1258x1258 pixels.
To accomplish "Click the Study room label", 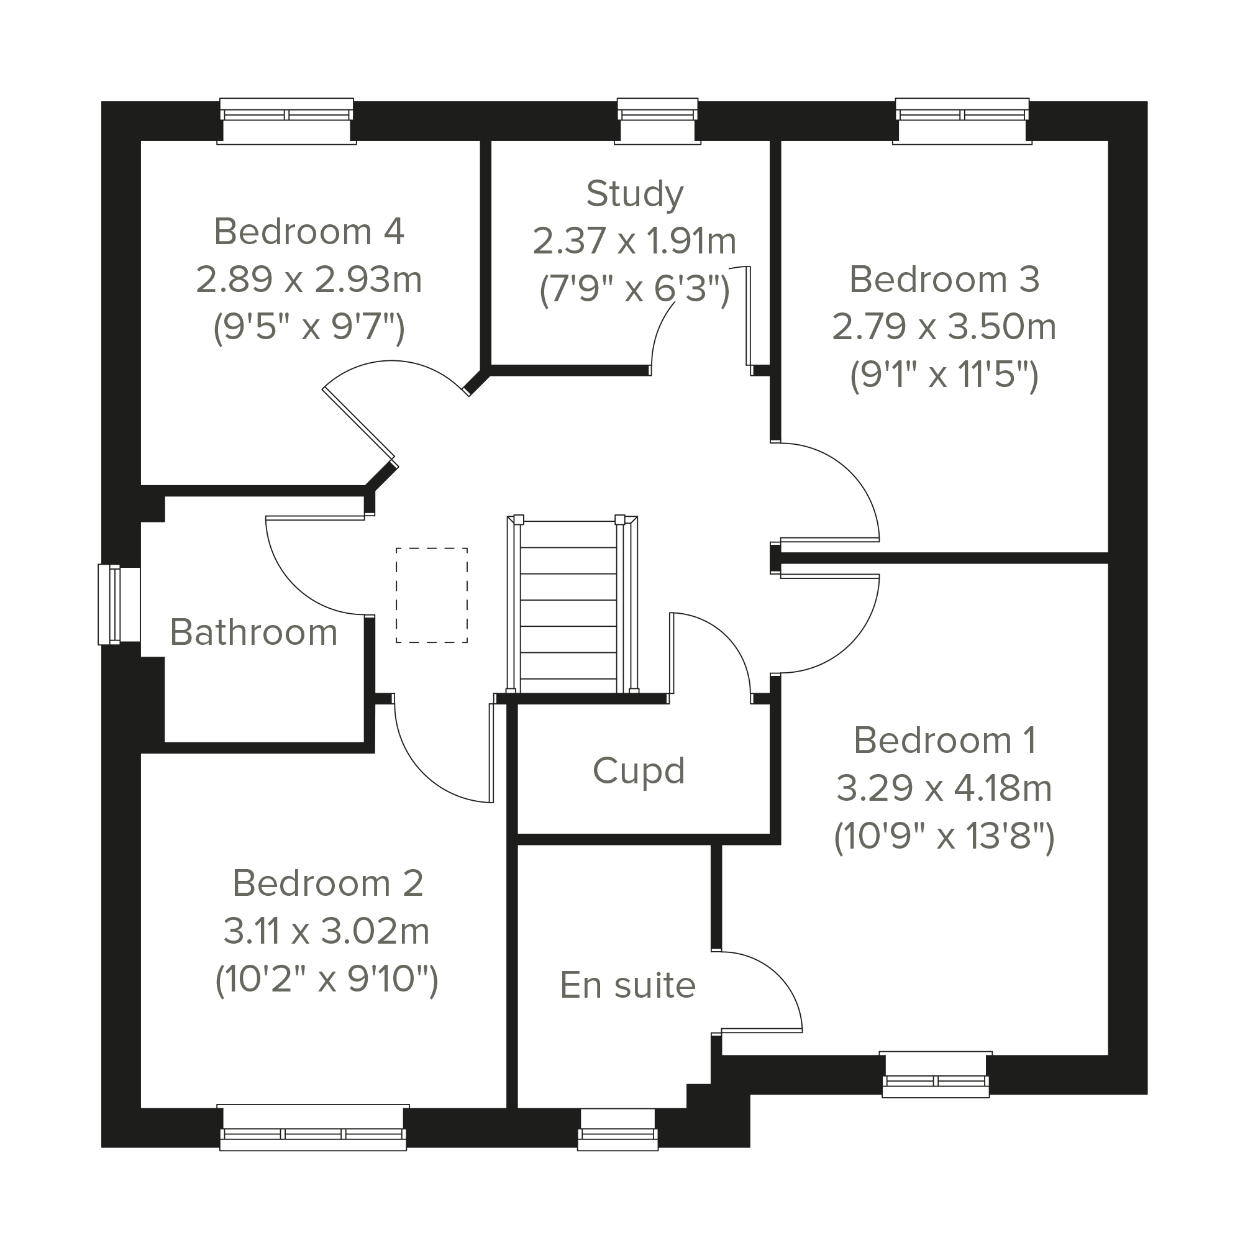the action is (x=635, y=194).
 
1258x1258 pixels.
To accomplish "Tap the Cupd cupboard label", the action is (x=639, y=771).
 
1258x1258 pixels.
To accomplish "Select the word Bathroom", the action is (x=254, y=632).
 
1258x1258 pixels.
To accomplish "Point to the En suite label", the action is (x=627, y=985).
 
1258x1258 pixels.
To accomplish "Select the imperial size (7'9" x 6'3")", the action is (x=635, y=288).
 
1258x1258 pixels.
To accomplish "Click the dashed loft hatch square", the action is (x=432, y=595).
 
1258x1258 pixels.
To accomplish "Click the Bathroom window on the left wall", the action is (x=119, y=604).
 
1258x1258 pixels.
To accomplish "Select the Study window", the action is (x=658, y=121).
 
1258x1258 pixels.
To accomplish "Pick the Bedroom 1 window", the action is (x=936, y=1074).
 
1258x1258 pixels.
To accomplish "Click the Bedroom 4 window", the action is (x=286, y=121).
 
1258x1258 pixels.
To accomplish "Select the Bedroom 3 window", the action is (x=962, y=121).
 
